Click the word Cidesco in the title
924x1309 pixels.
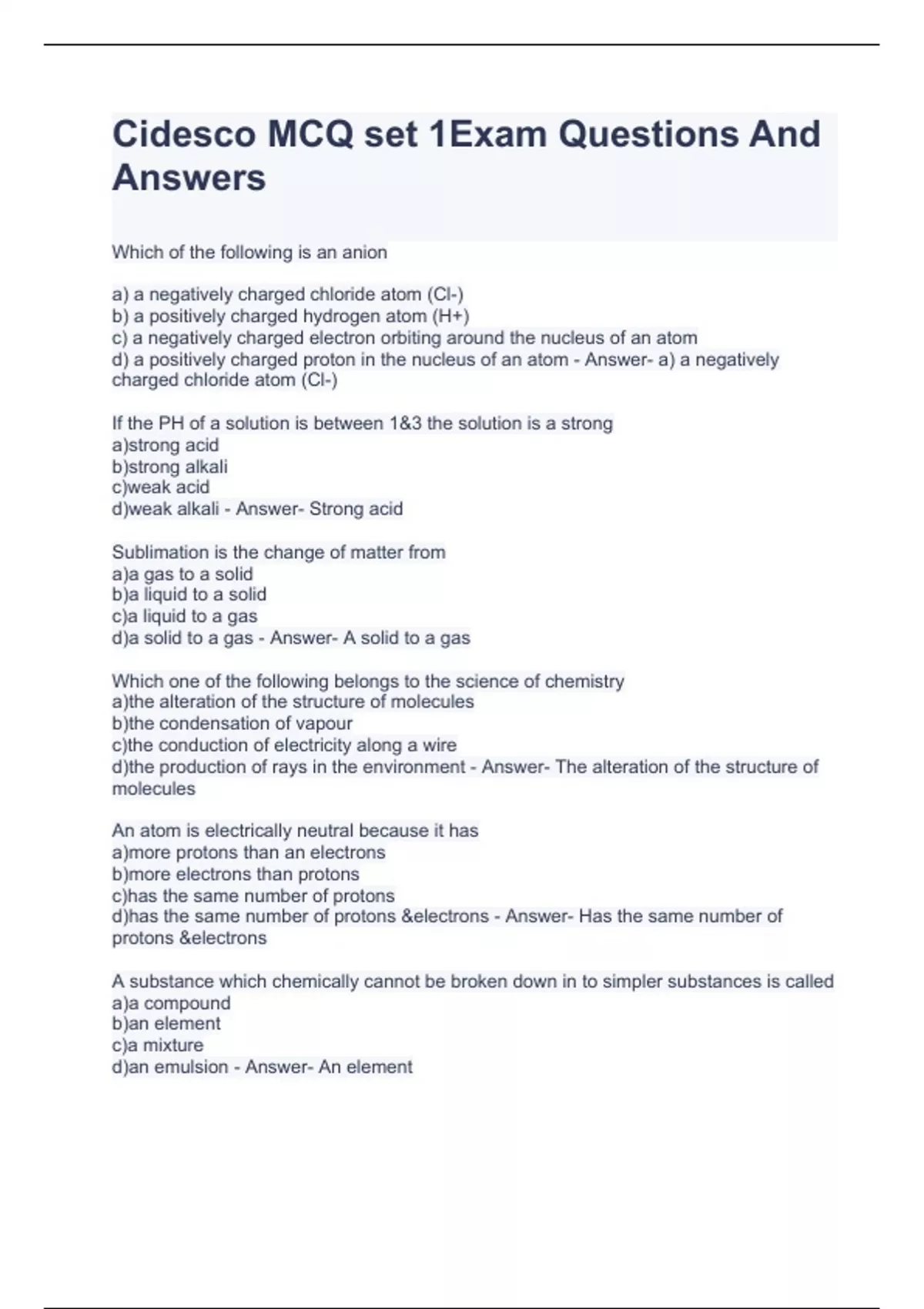(184, 135)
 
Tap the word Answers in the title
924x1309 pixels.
(189, 179)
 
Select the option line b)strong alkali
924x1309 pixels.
(169, 467)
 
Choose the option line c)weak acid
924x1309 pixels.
(160, 487)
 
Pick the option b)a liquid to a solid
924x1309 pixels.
(189, 594)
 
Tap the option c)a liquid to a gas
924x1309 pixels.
(184, 616)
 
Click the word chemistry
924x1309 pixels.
(584, 681)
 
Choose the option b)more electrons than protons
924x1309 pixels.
(236, 875)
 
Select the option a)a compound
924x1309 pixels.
(171, 1003)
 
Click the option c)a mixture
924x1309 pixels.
(158, 1046)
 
